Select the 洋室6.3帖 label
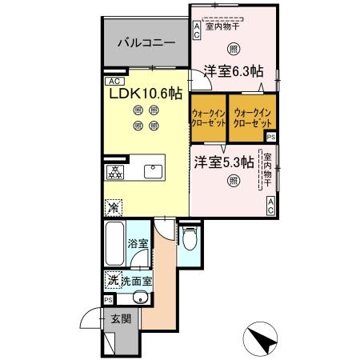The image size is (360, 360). (233, 71)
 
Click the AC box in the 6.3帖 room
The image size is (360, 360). (197, 30)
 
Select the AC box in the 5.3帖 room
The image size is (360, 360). (270, 206)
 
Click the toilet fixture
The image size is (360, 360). (188, 238)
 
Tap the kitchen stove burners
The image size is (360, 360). (115, 171)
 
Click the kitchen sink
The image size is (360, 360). (152, 170)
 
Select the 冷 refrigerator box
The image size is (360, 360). (114, 206)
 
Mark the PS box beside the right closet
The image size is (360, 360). (271, 137)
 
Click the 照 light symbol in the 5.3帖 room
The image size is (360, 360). (233, 182)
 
